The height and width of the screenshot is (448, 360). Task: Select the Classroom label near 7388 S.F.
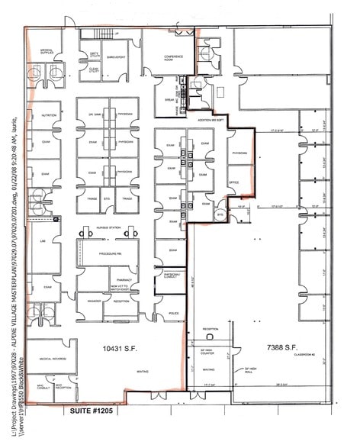(x=306, y=357)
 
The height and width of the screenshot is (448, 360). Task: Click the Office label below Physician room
(x=234, y=182)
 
